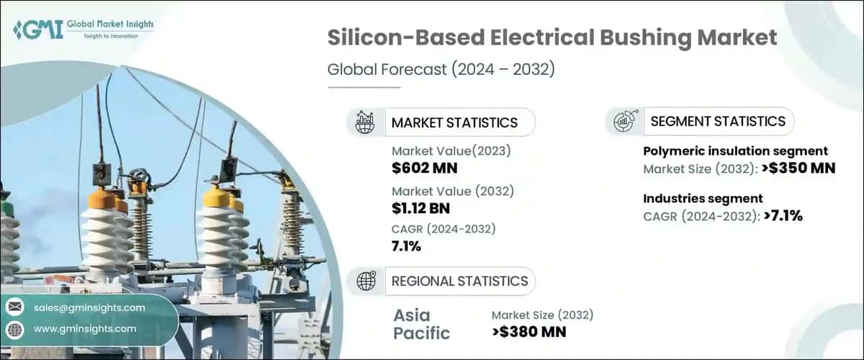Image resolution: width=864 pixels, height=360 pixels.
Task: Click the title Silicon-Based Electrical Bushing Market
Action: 552,38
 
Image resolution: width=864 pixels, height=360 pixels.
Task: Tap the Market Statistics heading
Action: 454,122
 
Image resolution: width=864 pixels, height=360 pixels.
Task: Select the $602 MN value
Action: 424,168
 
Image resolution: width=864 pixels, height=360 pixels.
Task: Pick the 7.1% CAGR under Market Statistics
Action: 407,247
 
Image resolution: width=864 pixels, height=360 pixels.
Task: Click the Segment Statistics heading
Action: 717,122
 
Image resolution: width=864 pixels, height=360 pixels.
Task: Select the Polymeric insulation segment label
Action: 734,151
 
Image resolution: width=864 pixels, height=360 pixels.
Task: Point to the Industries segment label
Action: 702,198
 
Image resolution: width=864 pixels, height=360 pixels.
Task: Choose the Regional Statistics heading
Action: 459,281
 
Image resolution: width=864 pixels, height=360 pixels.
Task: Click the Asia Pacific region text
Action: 421,324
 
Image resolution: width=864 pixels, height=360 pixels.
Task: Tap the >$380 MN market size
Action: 528,332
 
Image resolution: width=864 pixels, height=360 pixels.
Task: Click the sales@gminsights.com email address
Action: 89,307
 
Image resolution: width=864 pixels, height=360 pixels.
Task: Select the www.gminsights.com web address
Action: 85,329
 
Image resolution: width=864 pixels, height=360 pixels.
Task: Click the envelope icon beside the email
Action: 14,307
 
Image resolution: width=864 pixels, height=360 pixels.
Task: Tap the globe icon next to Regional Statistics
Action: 366,282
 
